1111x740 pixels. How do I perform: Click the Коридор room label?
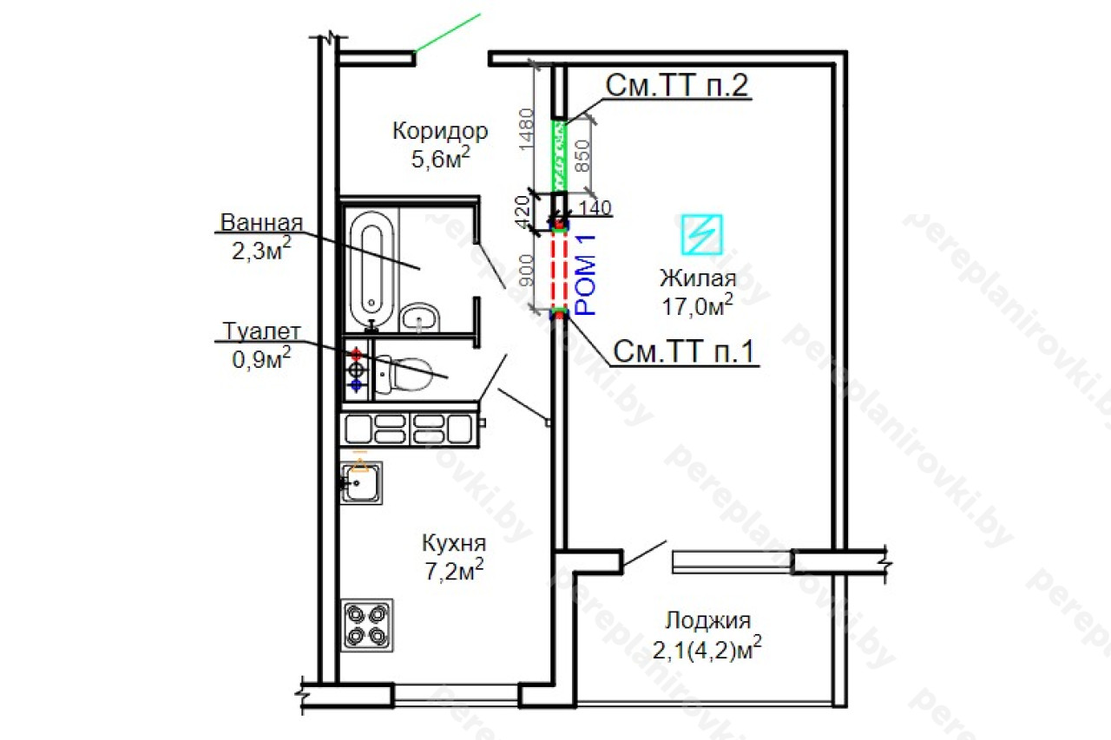coord(440,131)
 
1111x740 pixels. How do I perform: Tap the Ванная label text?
coord(261,223)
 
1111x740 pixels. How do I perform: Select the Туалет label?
coord(261,331)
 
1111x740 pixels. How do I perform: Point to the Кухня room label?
coord(454,543)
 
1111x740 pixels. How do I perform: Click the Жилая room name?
coord(698,278)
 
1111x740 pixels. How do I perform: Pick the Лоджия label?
coord(707,620)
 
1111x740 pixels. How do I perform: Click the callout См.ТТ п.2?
coord(676,85)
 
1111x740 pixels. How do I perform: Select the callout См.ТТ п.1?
coord(684,351)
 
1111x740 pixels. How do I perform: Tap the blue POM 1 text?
coord(586,275)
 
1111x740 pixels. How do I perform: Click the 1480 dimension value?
coord(526,129)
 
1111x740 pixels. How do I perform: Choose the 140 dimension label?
coord(595,207)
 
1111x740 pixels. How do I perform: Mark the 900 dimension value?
coord(526,271)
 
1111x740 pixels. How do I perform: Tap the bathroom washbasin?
coord(419,318)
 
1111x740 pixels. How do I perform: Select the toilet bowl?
coord(402,375)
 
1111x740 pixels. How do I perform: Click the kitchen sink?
coord(361,482)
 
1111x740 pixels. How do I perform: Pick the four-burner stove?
coord(367,625)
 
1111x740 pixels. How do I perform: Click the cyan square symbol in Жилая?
coord(701,234)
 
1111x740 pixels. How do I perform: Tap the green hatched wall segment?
coord(560,156)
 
